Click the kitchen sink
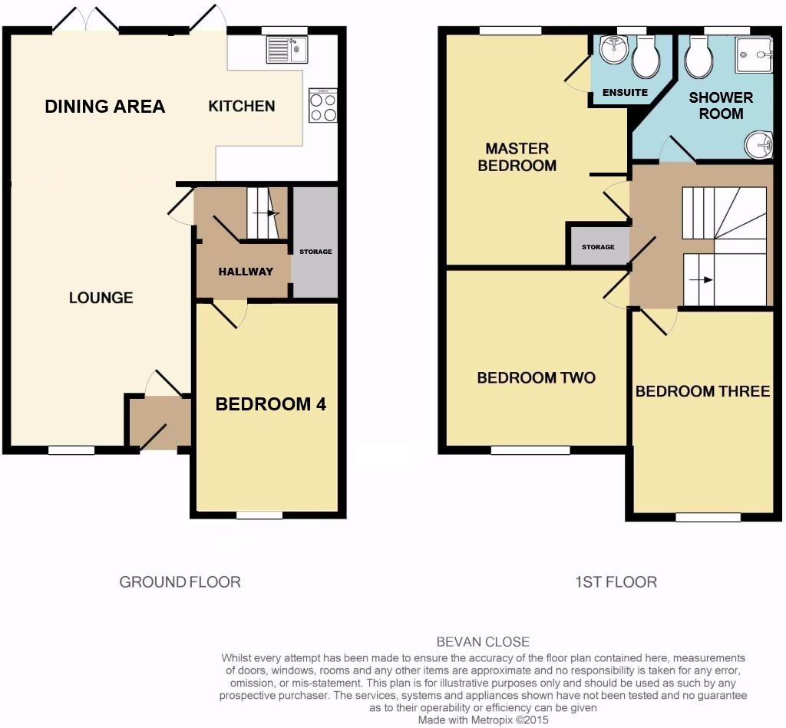coord(287,49)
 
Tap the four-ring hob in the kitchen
coord(323,105)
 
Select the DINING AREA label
coord(104,106)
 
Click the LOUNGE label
coord(101,298)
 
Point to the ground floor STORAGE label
coord(315,252)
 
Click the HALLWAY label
coord(246,272)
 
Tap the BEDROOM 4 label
coord(271,404)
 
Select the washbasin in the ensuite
coord(613,49)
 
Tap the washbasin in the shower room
coord(758,145)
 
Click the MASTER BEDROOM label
coord(517,156)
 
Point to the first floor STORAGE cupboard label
coord(598,247)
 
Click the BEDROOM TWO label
coord(536,377)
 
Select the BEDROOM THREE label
coord(703,391)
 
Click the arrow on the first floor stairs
coord(702,279)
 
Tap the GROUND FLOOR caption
coord(180,581)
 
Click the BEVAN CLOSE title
coord(483,642)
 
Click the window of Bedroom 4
coord(259,515)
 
